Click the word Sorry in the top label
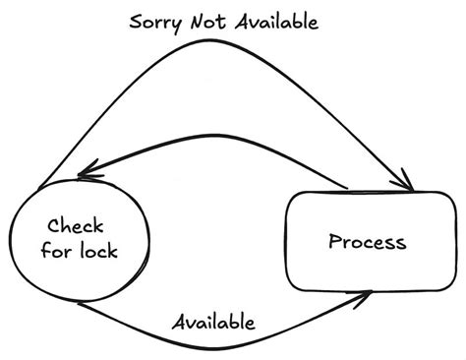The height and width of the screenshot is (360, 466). click(x=158, y=23)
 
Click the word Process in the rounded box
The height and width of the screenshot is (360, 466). click(x=366, y=241)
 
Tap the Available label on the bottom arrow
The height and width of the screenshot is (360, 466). click(x=213, y=322)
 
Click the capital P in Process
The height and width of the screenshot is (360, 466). click(x=334, y=241)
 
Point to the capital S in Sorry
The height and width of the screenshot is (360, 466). click(x=137, y=23)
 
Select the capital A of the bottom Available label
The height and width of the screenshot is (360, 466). click(x=178, y=322)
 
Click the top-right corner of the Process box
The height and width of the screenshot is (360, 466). click(x=439, y=197)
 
